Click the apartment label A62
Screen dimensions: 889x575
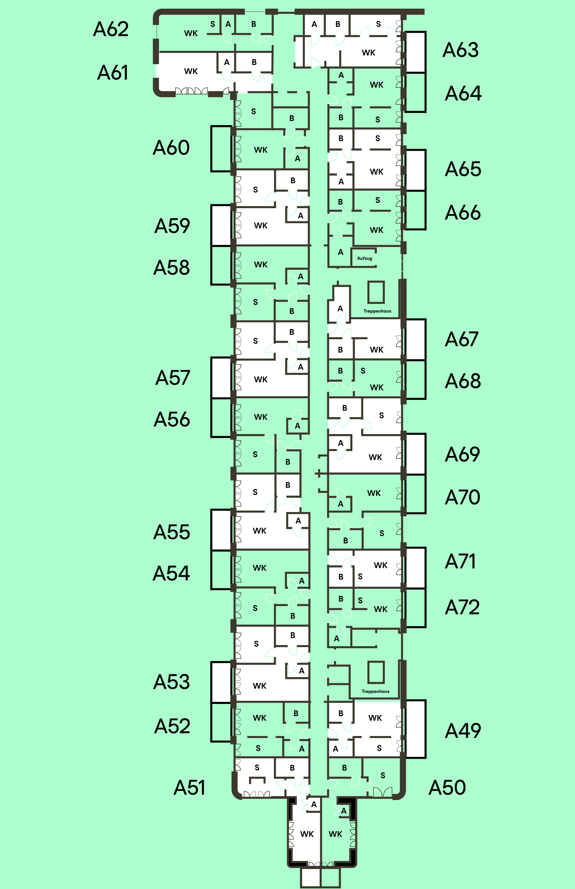tap(111, 29)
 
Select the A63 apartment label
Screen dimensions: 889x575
tap(460, 50)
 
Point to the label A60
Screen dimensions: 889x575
tap(171, 148)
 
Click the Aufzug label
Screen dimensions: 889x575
tap(364, 258)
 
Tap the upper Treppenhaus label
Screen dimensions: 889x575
tap(377, 311)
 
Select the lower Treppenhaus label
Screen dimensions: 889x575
tap(375, 691)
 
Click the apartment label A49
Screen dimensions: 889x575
tap(462, 731)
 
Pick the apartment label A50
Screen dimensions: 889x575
tap(447, 788)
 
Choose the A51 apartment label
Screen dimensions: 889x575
tap(189, 788)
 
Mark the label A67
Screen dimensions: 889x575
tap(462, 339)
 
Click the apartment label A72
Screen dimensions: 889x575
tap(462, 607)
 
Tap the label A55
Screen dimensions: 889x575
tap(171, 532)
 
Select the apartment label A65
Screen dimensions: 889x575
tap(462, 169)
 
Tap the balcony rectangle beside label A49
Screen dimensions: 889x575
tap(415, 729)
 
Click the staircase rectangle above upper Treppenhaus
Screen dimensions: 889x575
tap(376, 292)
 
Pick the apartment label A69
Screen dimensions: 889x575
tap(462, 454)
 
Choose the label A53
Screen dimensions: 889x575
tap(171, 682)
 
